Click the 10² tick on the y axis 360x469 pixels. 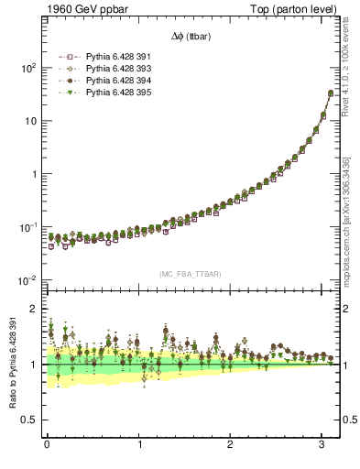tap(27, 69)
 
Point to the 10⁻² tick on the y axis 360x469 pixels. tap(27, 279)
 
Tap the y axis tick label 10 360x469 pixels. tap(29, 121)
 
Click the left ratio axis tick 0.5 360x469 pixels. tap(29, 420)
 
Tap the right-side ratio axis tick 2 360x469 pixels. tap(350, 310)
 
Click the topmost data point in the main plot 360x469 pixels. tap(330, 93)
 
